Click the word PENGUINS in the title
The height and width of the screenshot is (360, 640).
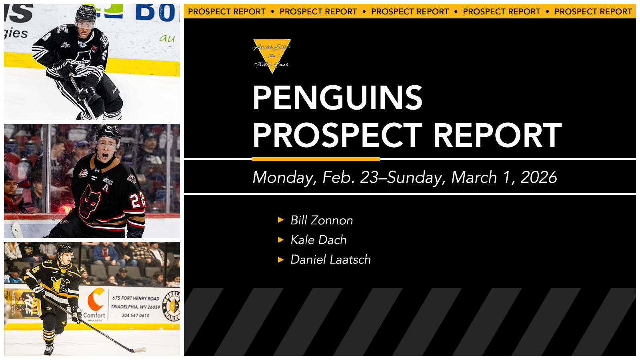(x=337, y=98)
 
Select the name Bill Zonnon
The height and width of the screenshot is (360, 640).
(x=322, y=220)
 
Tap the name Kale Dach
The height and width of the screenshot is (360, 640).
(x=318, y=240)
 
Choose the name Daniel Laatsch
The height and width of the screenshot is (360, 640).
(x=330, y=260)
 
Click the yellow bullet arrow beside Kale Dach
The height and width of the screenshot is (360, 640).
(x=281, y=240)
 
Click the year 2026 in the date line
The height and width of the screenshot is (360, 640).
(x=538, y=177)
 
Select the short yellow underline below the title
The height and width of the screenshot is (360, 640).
(x=315, y=159)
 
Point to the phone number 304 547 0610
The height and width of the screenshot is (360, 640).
(x=135, y=316)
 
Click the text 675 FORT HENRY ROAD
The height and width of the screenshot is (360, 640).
(x=136, y=298)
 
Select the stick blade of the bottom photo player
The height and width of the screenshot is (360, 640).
(x=138, y=350)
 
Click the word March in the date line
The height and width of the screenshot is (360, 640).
(x=474, y=177)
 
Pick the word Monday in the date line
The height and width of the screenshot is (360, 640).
(x=284, y=177)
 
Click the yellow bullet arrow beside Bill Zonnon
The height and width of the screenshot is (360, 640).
(x=281, y=220)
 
